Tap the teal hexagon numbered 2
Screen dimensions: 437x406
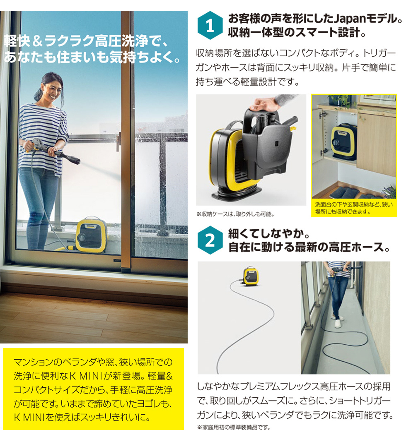tap(210, 242)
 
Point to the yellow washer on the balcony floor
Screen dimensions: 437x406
tap(91, 235)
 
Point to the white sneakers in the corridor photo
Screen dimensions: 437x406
tap(338, 321)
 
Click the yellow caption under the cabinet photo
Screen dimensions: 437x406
tap(354, 208)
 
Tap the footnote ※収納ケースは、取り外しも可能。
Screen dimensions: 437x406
tap(235, 214)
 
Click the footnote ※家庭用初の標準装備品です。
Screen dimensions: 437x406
tap(233, 427)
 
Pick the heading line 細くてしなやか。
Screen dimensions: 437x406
tap(269, 234)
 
